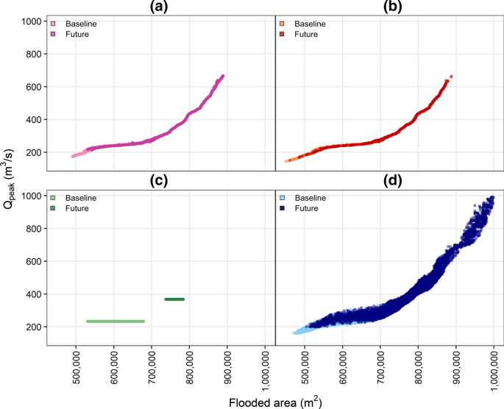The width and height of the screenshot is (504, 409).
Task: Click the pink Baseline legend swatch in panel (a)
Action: tap(54, 24)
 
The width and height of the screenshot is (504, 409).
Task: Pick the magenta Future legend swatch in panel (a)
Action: tap(54, 35)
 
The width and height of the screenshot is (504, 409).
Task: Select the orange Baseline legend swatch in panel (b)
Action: tap(283, 24)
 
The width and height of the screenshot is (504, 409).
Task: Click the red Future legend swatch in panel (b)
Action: tap(283, 35)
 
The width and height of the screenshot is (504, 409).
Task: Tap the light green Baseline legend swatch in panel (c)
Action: tap(54, 199)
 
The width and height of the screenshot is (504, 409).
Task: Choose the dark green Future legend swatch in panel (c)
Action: tap(54, 209)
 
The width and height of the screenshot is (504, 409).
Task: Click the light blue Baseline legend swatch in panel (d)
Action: tap(283, 199)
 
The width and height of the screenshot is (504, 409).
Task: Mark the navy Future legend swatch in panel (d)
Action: tap(283, 209)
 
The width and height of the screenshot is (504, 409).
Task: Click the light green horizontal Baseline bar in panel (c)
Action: tap(115, 321)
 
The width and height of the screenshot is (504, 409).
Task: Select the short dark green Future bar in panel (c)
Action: tap(174, 299)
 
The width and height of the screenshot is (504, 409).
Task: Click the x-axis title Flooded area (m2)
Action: tap(275, 402)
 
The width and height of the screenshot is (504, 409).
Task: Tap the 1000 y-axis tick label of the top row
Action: tap(32, 21)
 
